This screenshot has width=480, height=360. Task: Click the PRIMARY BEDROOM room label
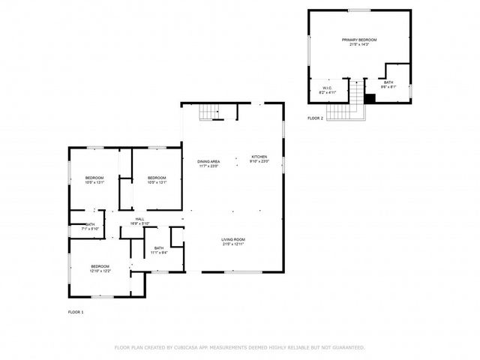(x=358, y=39)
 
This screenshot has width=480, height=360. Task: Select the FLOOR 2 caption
(x=315, y=118)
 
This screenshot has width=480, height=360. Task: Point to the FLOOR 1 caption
(x=76, y=311)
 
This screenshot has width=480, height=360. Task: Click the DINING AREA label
(x=208, y=161)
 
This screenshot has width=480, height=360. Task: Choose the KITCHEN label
(x=259, y=157)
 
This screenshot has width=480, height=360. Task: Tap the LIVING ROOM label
(x=233, y=239)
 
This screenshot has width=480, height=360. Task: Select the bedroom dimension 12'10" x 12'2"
(x=100, y=271)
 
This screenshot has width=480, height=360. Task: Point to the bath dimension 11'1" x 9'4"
(x=159, y=253)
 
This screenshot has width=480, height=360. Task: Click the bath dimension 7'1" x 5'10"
(x=90, y=229)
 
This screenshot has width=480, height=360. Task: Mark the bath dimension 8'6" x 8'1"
(x=388, y=87)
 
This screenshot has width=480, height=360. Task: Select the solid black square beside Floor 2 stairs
(x=370, y=98)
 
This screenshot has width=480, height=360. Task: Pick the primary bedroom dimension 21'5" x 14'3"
(x=358, y=44)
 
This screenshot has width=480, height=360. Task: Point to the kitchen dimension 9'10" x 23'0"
(x=259, y=161)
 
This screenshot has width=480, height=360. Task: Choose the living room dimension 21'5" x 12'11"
(x=233, y=244)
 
